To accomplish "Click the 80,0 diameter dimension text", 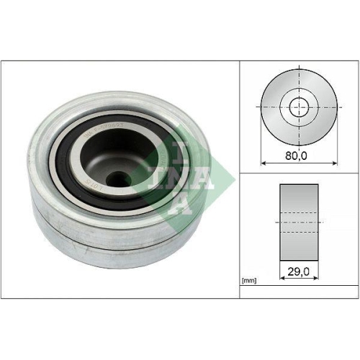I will [297, 153].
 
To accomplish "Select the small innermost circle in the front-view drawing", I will [297, 108].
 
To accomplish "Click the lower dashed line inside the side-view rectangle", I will [298, 232].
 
